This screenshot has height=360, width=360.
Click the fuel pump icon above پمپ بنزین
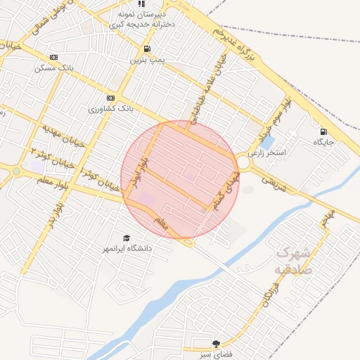coord(146,49)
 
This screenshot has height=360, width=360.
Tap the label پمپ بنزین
coord(146,60)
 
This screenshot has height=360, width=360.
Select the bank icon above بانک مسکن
coord(54,58)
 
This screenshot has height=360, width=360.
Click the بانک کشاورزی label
coord(111,109)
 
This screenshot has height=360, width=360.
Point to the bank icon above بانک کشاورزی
coord(110,98)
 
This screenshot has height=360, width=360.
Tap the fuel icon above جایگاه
coord(323,131)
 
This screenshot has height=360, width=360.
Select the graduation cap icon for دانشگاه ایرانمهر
coord(127,238)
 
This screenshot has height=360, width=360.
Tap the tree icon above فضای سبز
coord(215,343)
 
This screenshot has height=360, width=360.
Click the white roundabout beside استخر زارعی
coord(243,162)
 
